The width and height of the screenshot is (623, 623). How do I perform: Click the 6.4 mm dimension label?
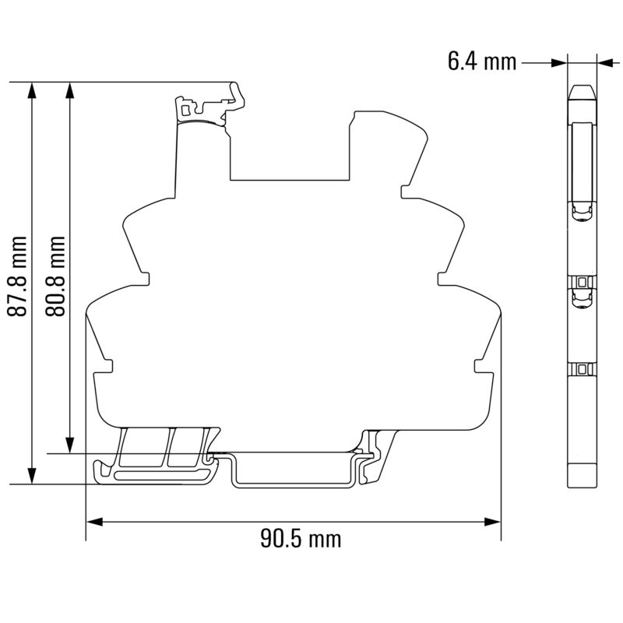(482, 62)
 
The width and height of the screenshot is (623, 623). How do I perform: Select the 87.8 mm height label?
(17, 276)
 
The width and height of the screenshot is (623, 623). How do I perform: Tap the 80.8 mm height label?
(55, 276)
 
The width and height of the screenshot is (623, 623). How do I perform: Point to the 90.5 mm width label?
(301, 539)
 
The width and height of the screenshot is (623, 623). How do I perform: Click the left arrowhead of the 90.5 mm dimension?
(94, 522)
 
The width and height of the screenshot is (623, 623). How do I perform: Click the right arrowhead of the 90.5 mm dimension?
(492, 522)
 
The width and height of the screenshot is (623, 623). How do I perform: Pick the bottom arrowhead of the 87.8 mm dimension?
(32, 476)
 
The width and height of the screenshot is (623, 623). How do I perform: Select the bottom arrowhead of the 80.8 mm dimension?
(70, 445)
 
